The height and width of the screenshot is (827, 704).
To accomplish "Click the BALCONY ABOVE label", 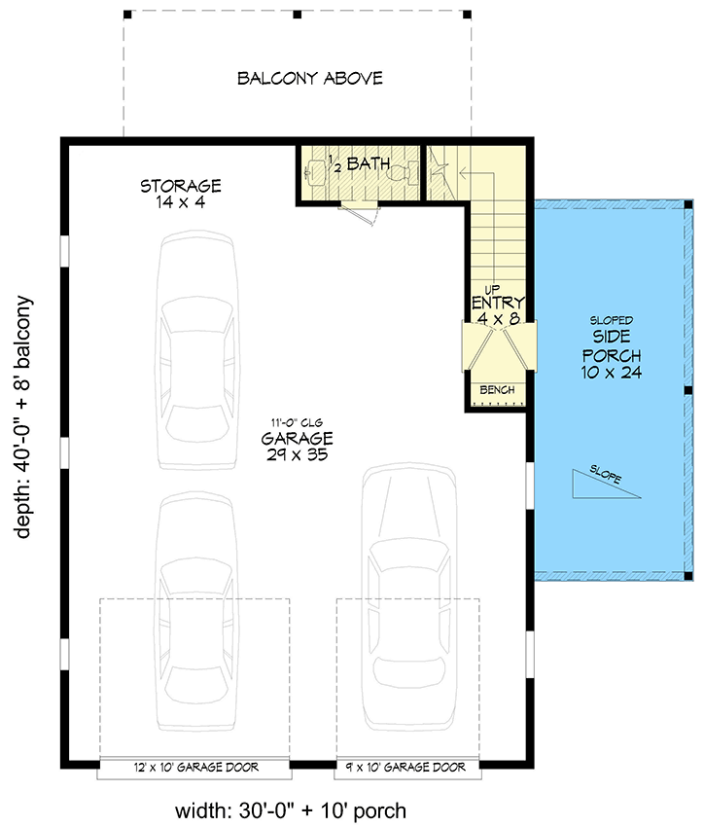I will pyautogui.click(x=309, y=78).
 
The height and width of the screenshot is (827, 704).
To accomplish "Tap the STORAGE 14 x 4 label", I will pyautogui.click(x=180, y=194).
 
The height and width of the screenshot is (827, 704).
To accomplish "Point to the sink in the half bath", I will pyautogui.click(x=314, y=173).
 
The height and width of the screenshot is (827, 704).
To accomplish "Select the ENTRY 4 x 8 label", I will pyautogui.click(x=499, y=308).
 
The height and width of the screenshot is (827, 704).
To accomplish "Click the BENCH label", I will pyautogui.click(x=499, y=390).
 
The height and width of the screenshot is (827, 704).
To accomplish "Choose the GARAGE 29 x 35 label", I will pyautogui.click(x=297, y=446).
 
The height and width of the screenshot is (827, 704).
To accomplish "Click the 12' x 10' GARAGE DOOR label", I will pyautogui.click(x=195, y=768).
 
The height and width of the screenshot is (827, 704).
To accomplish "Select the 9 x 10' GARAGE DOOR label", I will pyautogui.click(x=408, y=768).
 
